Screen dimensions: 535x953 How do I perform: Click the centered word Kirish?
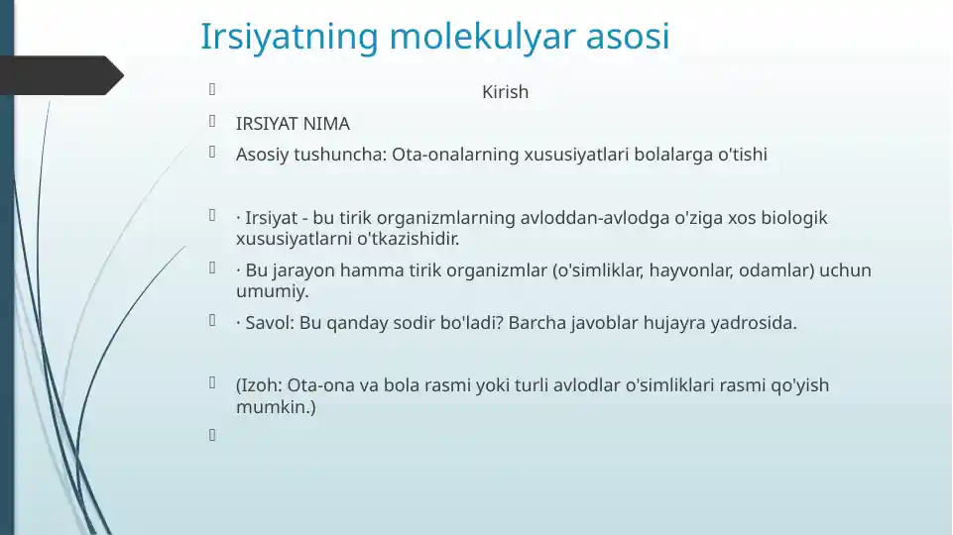coord(505,92)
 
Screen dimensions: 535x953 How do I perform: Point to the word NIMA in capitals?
coord(326,124)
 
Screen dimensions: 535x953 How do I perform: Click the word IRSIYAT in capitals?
coord(267,124)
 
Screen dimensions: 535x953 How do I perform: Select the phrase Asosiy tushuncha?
coord(310,155)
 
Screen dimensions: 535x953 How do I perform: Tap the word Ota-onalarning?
coord(449,155)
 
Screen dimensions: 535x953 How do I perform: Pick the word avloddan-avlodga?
coord(585,218)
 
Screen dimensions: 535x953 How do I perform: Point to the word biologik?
coord(793,218)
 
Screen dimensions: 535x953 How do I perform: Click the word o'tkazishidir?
coord(408,239)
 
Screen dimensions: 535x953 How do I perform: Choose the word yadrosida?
coord(753,323)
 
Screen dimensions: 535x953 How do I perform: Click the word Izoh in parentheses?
coord(261,385)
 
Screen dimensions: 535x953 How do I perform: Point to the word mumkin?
coord(274,406)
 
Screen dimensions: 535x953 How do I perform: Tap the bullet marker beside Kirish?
coord(211,91)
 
